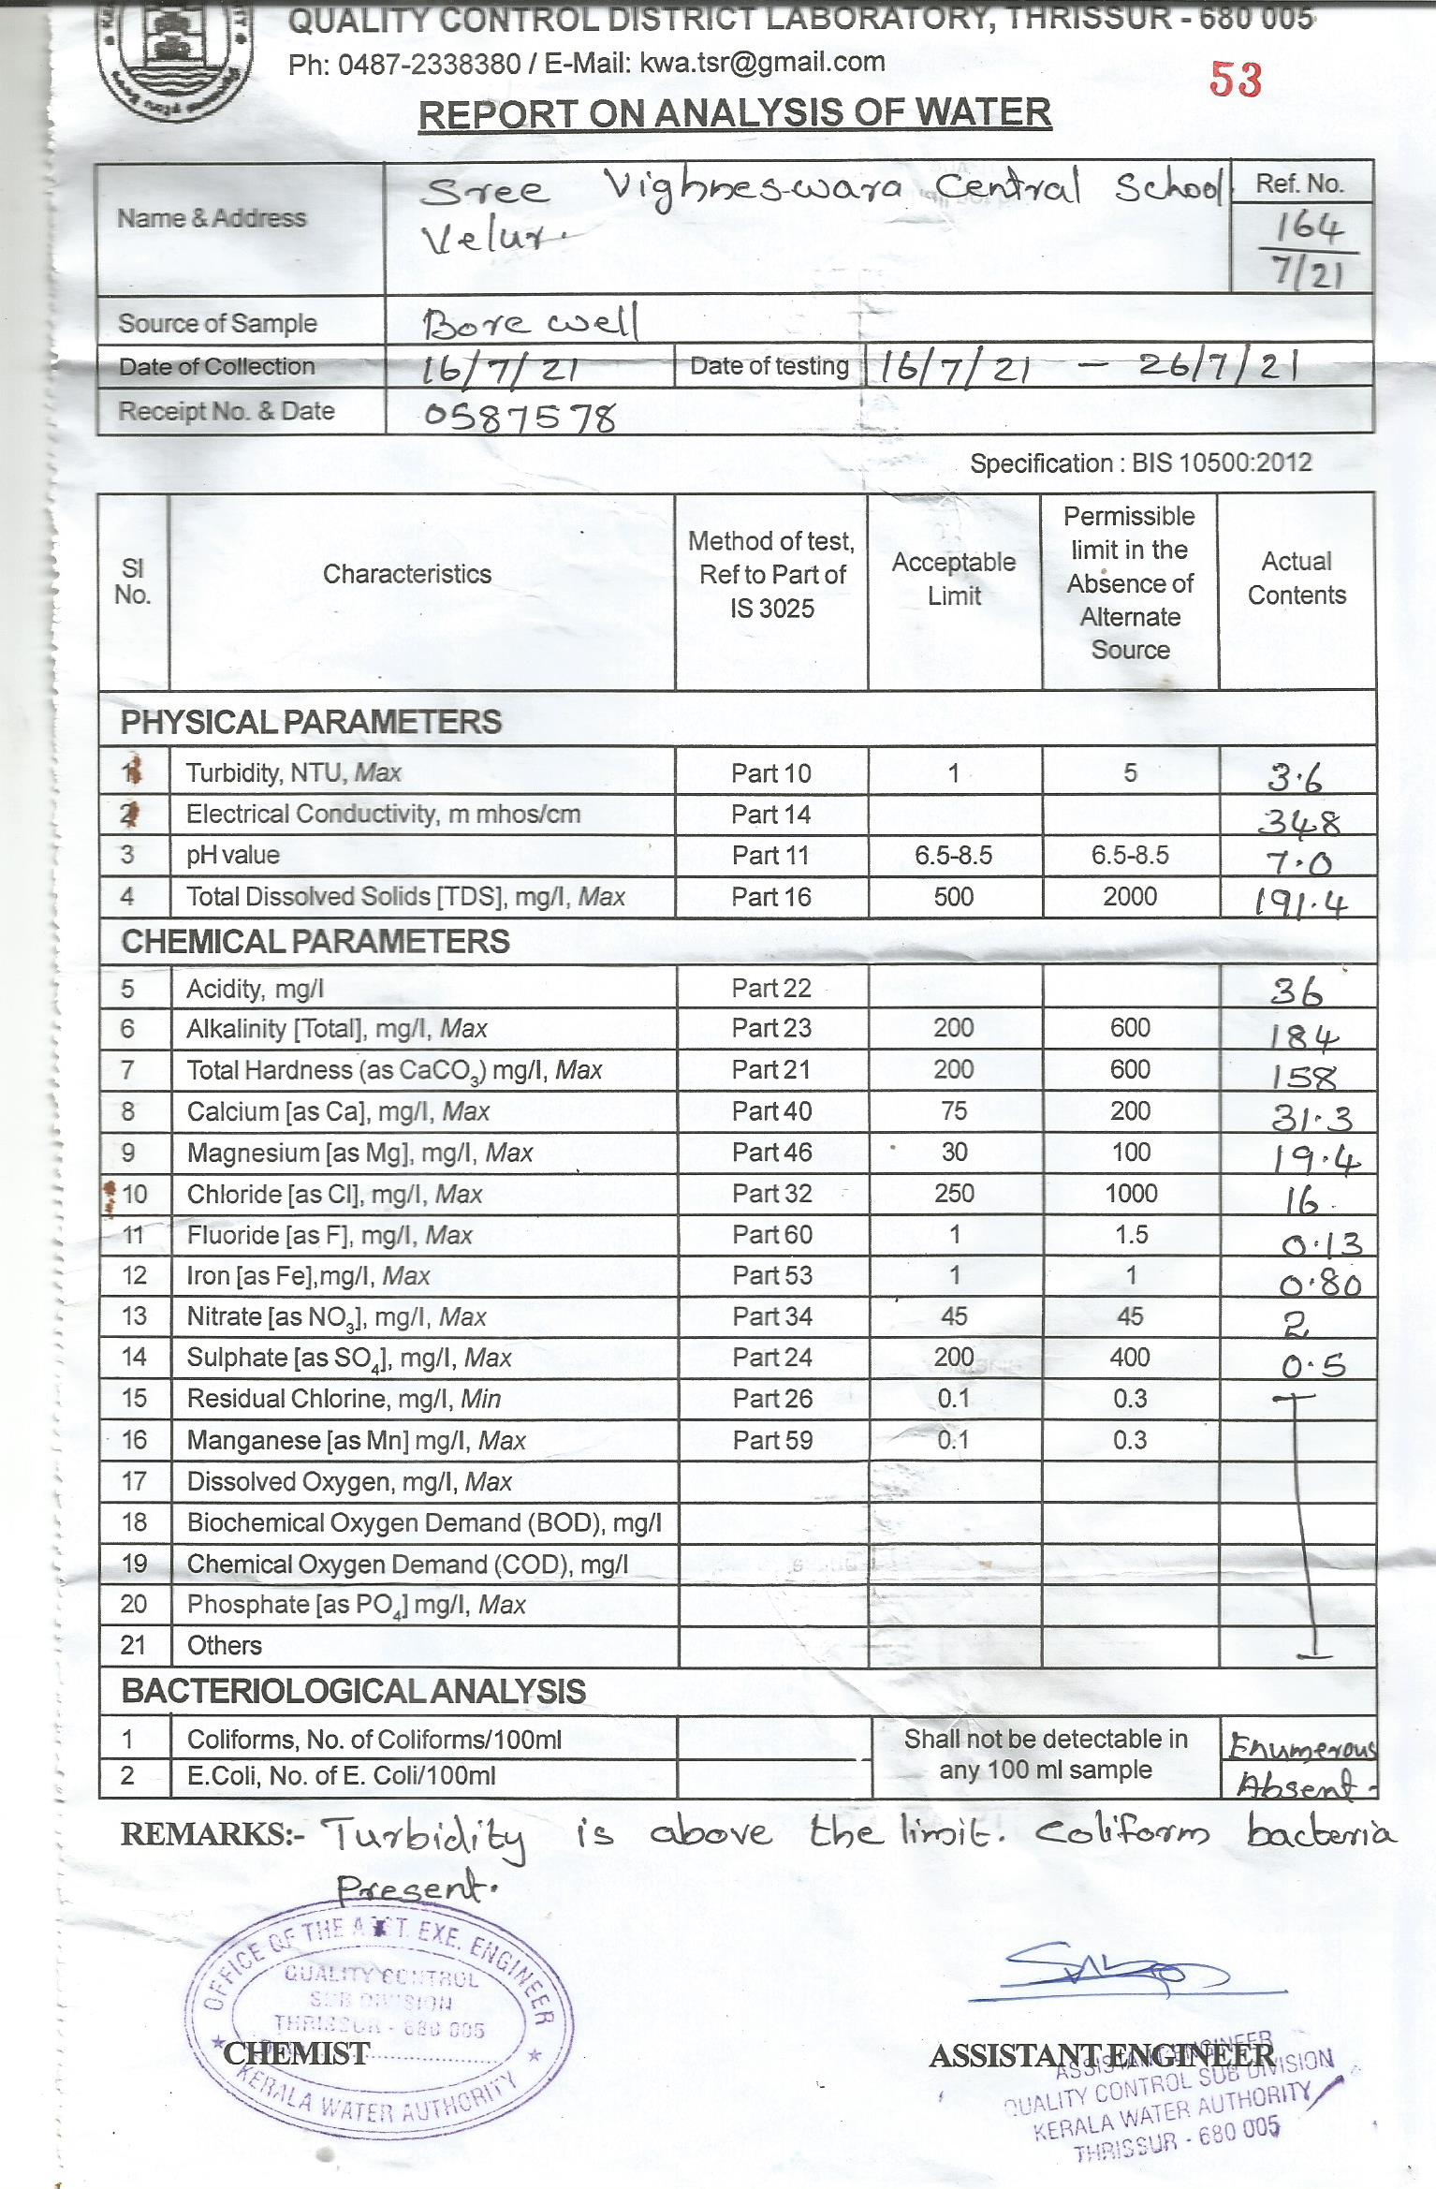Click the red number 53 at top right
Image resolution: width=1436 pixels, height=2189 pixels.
point(1236,80)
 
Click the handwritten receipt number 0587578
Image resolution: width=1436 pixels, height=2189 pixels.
point(520,417)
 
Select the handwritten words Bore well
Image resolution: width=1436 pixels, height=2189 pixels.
point(530,323)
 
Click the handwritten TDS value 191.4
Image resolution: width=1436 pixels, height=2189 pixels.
point(1300,904)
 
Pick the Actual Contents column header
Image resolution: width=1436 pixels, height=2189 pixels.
point(1297,578)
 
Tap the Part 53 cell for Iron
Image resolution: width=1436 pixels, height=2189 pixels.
point(772,1276)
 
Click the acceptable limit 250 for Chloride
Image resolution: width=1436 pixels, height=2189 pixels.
point(954,1194)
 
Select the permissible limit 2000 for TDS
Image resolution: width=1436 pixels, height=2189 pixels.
point(1130,897)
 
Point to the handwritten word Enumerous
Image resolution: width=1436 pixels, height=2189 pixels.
point(1301,1747)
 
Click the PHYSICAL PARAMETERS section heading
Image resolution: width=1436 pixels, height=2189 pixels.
point(311,722)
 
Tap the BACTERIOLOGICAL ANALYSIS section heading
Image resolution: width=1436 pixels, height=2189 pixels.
point(353,1691)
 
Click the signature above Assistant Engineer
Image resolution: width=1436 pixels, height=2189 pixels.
point(1105,1976)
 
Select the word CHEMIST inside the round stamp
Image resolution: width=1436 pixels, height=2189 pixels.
point(296,2053)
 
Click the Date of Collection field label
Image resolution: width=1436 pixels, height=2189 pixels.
point(216,366)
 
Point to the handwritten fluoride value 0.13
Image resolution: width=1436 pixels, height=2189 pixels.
point(1322,1244)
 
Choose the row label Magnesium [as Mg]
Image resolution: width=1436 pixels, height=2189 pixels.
point(359,1153)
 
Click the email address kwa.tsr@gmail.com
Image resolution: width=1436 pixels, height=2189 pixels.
point(762,63)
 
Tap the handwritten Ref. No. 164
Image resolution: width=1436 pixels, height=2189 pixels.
point(1307,227)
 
